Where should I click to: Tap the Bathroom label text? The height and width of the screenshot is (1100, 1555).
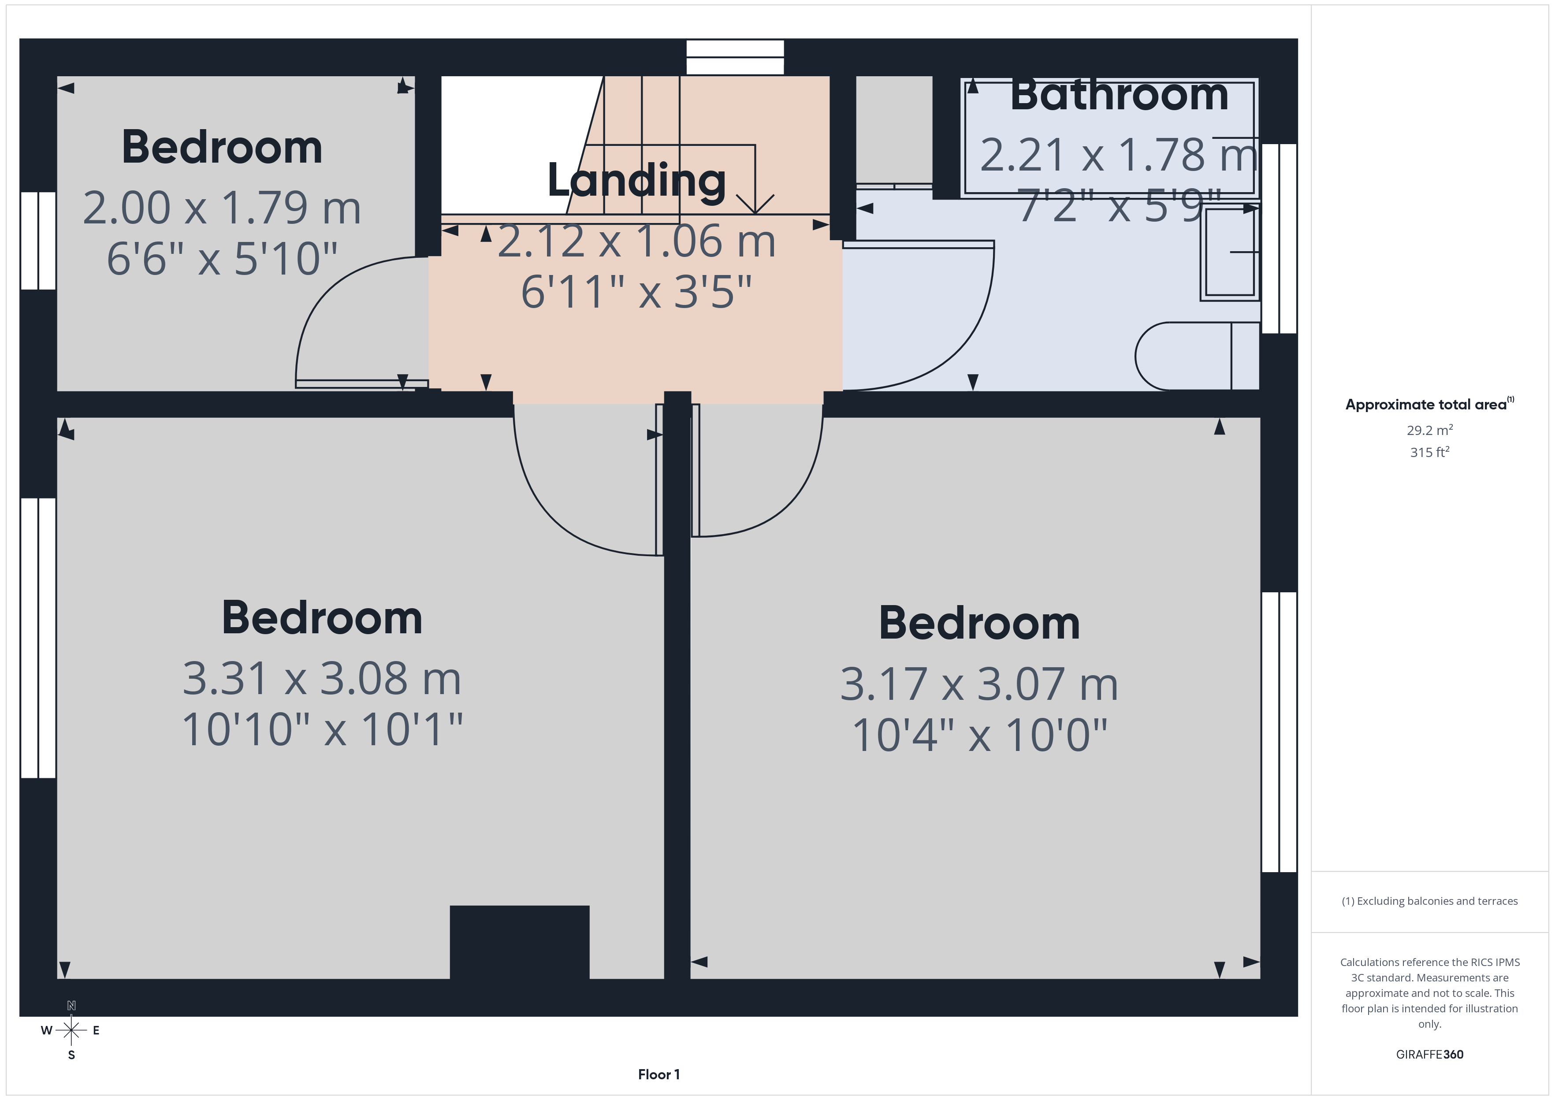(x=1119, y=95)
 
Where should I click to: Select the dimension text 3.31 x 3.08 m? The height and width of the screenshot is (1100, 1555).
(x=322, y=679)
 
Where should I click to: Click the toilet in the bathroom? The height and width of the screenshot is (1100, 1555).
(x=1197, y=356)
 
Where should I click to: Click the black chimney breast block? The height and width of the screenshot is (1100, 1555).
(x=520, y=942)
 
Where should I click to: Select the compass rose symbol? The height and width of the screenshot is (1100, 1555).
(x=71, y=1030)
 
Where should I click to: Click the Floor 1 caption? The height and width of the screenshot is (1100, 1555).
(x=658, y=1074)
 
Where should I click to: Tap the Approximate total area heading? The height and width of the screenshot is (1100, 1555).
(x=1429, y=405)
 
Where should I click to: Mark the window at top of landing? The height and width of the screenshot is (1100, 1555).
(x=735, y=57)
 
